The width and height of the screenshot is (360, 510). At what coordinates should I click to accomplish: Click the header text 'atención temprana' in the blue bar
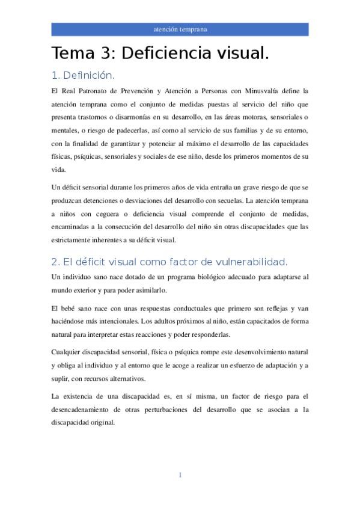180,29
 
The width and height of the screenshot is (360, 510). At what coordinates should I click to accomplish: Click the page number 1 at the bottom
180,475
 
